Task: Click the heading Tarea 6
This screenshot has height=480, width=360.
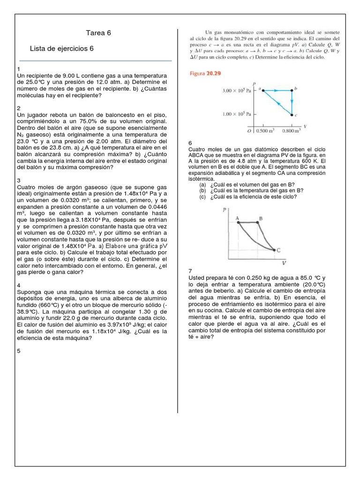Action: pos(98,33)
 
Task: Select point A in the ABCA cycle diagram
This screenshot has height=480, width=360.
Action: pos(238,218)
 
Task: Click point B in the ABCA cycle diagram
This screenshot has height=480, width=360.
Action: pos(260,218)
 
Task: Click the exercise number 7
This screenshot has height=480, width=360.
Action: pos(190,271)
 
